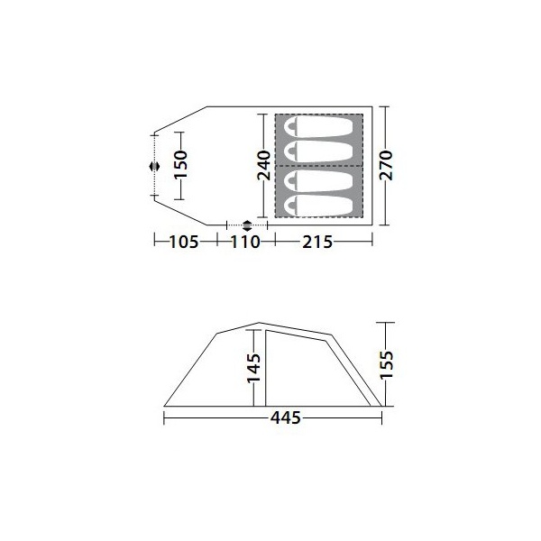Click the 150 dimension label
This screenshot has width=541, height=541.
[x=181, y=164]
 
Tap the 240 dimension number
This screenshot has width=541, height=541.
[x=264, y=165]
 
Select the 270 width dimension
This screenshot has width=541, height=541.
[x=386, y=165]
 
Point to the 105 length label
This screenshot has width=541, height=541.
[x=184, y=242]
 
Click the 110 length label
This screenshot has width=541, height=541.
[x=245, y=242]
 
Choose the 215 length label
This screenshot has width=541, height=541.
[x=317, y=242]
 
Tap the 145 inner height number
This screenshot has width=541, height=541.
[x=253, y=368]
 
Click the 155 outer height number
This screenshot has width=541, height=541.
[x=387, y=364]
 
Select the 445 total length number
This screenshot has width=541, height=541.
[x=286, y=417]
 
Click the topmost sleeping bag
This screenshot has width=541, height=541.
[x=318, y=126]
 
